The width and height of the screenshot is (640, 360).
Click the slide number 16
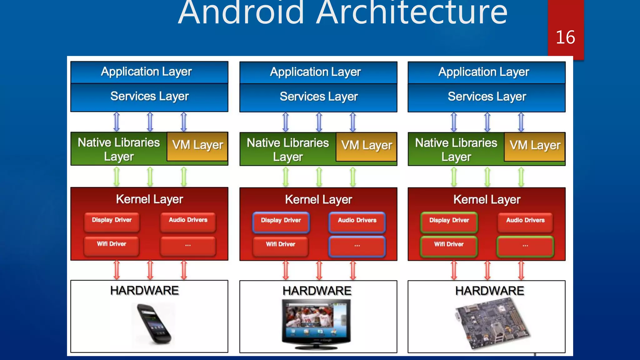[x=565, y=37]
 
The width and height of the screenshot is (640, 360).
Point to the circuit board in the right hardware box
[x=492, y=324]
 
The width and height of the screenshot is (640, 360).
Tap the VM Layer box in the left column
[x=197, y=146]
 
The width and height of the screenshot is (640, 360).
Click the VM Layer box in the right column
[x=535, y=146]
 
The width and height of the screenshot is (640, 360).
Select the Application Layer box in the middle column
[x=318, y=72]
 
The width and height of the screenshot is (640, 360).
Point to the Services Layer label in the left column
[x=149, y=97]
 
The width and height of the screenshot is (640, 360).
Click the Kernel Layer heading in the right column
[x=487, y=200]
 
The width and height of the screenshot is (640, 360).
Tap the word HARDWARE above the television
[x=317, y=291]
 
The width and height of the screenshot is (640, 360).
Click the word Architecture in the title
[x=412, y=13]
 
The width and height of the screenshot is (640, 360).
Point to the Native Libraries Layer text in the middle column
[x=287, y=149]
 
